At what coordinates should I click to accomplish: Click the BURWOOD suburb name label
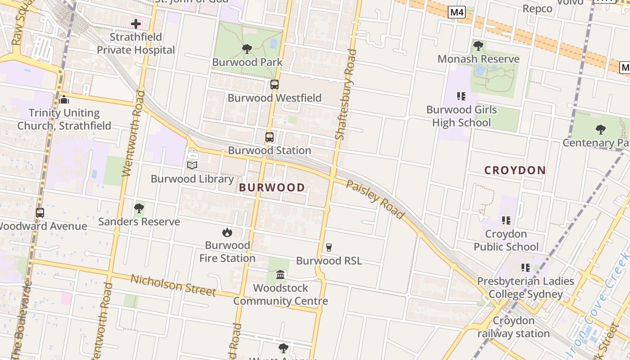(x=272, y=188)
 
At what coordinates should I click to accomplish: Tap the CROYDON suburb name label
(x=515, y=171)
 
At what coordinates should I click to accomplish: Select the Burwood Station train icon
(x=269, y=137)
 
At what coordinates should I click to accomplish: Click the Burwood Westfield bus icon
(x=274, y=85)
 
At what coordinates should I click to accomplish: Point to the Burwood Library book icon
(x=192, y=166)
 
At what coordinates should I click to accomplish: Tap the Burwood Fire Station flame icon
(x=227, y=232)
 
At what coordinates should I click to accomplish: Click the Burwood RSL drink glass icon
(x=328, y=247)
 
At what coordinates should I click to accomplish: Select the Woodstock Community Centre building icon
(x=280, y=274)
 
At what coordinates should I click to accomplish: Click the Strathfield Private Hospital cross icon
(x=136, y=23)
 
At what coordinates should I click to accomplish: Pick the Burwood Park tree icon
(x=247, y=49)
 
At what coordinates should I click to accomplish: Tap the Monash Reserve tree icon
(x=478, y=46)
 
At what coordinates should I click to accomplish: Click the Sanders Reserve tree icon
(x=139, y=208)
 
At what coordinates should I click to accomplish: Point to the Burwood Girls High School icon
(x=461, y=96)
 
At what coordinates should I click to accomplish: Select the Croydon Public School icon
(x=506, y=220)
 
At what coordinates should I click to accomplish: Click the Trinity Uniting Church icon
(x=64, y=99)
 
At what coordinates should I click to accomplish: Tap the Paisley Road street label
(x=375, y=199)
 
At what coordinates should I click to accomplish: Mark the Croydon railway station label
(x=513, y=327)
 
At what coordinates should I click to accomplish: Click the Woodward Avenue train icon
(x=40, y=213)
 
